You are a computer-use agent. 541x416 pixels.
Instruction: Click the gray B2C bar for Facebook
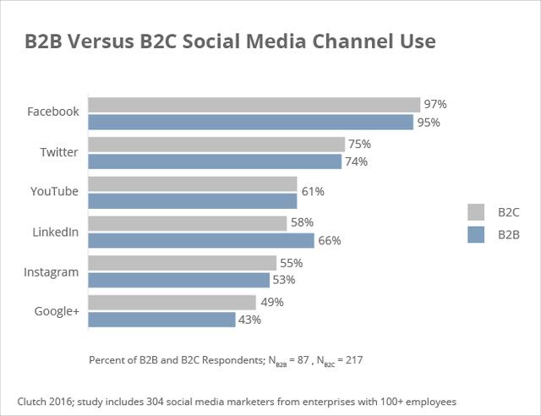click(x=254, y=105)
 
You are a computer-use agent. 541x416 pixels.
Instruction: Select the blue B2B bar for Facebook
click(x=250, y=122)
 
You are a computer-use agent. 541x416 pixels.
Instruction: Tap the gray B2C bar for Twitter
click(x=216, y=145)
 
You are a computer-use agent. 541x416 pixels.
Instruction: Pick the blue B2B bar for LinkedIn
click(x=201, y=240)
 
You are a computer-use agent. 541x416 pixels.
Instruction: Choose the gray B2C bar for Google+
click(x=172, y=303)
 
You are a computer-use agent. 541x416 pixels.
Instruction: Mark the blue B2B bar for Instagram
click(x=178, y=280)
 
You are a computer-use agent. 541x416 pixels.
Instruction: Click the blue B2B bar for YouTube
click(x=192, y=201)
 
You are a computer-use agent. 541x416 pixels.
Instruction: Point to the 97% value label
click(x=435, y=105)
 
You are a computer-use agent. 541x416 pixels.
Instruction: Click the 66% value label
click(x=330, y=240)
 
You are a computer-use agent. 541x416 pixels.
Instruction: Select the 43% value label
click(x=250, y=320)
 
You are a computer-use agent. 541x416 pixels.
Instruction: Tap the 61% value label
click(x=313, y=192)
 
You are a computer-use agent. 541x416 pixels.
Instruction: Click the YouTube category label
click(x=54, y=192)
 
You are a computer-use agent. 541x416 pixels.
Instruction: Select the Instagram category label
click(x=52, y=272)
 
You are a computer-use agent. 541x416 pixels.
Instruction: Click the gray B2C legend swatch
click(x=475, y=211)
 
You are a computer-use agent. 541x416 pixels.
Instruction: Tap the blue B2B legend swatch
click(x=475, y=234)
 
